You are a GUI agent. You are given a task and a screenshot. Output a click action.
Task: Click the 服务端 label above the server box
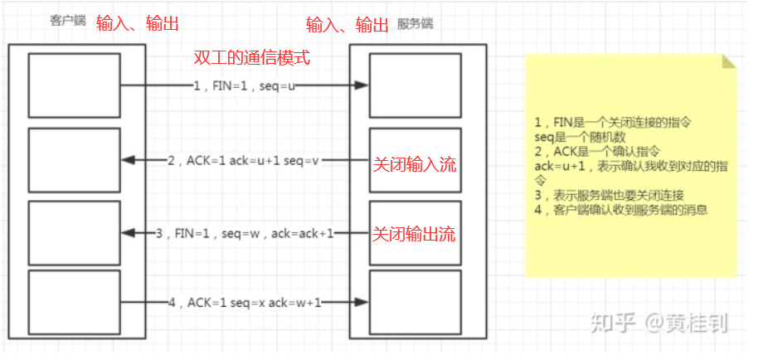[415, 23]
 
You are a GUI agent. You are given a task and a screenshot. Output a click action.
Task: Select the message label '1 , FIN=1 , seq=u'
[244, 85]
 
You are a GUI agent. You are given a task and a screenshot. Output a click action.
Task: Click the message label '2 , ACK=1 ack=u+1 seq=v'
[242, 161]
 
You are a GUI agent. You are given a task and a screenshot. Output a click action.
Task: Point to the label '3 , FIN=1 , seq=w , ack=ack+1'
[245, 234]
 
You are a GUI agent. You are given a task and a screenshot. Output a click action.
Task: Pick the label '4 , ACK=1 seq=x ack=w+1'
[246, 303]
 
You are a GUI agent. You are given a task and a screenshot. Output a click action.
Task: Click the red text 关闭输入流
[414, 165]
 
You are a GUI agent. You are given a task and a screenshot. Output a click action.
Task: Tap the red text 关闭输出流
[414, 234]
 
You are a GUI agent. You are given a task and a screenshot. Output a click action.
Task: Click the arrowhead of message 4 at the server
[362, 303]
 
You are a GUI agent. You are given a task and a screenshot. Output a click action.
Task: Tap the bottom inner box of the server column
[415, 302]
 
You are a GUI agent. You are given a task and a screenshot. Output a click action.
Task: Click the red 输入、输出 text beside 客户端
[138, 23]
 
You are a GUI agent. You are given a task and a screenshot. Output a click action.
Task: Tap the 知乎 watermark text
[608, 323]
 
